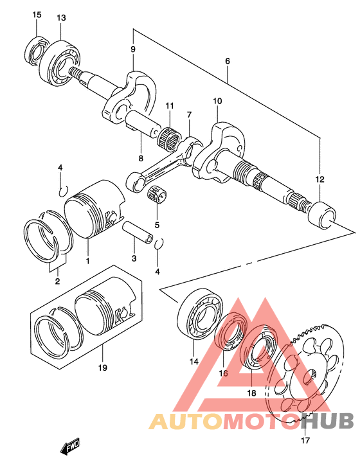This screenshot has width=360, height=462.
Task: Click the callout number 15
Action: tap(37, 15)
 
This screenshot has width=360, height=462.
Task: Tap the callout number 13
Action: tap(61, 18)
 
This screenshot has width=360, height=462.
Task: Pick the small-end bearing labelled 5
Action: tap(157, 195)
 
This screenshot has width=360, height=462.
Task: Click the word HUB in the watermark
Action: tap(328, 420)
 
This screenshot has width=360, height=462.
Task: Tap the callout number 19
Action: tap(103, 368)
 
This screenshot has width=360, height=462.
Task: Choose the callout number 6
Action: tap(228, 61)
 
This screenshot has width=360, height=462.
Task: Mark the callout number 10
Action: tap(217, 101)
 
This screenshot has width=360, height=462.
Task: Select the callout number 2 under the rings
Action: tap(57, 281)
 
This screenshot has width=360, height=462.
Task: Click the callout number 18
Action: tap(252, 393)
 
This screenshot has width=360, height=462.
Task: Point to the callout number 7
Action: tap(189, 114)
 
